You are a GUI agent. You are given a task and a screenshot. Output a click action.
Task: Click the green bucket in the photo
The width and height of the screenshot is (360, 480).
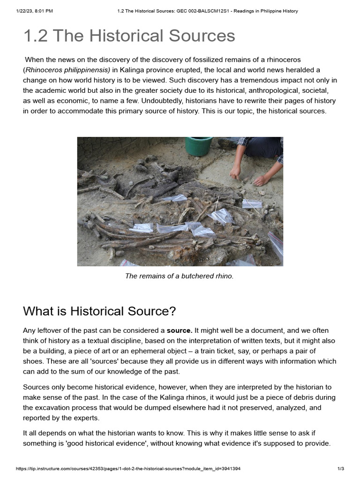tap(198, 145)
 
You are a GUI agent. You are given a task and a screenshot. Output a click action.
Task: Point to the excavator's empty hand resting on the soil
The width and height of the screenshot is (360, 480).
tap(261, 180)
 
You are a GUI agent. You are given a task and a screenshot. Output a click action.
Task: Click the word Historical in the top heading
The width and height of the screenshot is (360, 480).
tap(120, 36)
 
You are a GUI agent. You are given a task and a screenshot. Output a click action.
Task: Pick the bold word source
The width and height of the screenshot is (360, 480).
tap(179, 330)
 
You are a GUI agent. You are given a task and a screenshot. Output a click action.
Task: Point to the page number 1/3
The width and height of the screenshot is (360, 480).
tap(341, 469)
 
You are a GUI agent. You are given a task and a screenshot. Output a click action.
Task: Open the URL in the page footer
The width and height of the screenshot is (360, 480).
tap(128, 469)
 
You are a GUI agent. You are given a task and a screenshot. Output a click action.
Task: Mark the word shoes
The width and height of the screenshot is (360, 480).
tap(33, 361)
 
